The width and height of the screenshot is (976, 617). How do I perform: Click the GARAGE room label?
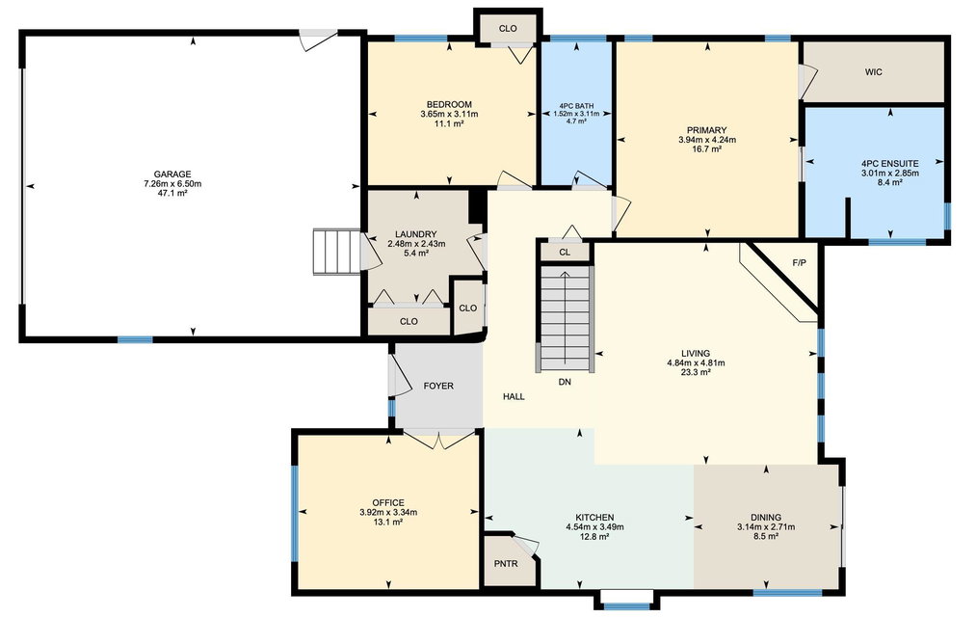[x=172, y=174]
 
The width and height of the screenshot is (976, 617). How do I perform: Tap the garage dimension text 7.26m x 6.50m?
[x=172, y=184]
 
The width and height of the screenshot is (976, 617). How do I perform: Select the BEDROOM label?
[x=449, y=104]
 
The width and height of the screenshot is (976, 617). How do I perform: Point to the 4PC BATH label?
[x=576, y=106]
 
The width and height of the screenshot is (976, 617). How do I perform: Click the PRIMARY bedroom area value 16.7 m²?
[x=707, y=149]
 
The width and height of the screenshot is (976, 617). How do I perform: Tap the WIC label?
[x=873, y=72]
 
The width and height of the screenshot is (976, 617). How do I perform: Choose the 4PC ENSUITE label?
[x=890, y=164]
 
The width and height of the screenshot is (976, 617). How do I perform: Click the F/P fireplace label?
[x=800, y=263]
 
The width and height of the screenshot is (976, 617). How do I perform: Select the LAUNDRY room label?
[x=416, y=234]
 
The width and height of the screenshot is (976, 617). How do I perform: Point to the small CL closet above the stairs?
[x=565, y=253]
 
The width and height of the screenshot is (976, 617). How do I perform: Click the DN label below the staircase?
[x=565, y=382]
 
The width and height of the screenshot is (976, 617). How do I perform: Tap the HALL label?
[x=514, y=396]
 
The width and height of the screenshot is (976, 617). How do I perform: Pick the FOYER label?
[x=438, y=386]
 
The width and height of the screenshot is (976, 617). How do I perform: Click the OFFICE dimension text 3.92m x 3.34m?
[x=388, y=513]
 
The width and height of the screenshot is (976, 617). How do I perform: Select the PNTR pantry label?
[x=506, y=564]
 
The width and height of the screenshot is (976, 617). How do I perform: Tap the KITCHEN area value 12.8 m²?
[x=594, y=537]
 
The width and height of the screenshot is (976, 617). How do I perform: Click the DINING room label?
[x=766, y=518]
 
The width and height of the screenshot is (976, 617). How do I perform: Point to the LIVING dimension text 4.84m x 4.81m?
[x=696, y=363]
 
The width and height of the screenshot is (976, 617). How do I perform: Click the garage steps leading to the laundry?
[x=337, y=252]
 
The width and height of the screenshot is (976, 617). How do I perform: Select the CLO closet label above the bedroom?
[x=508, y=29]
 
